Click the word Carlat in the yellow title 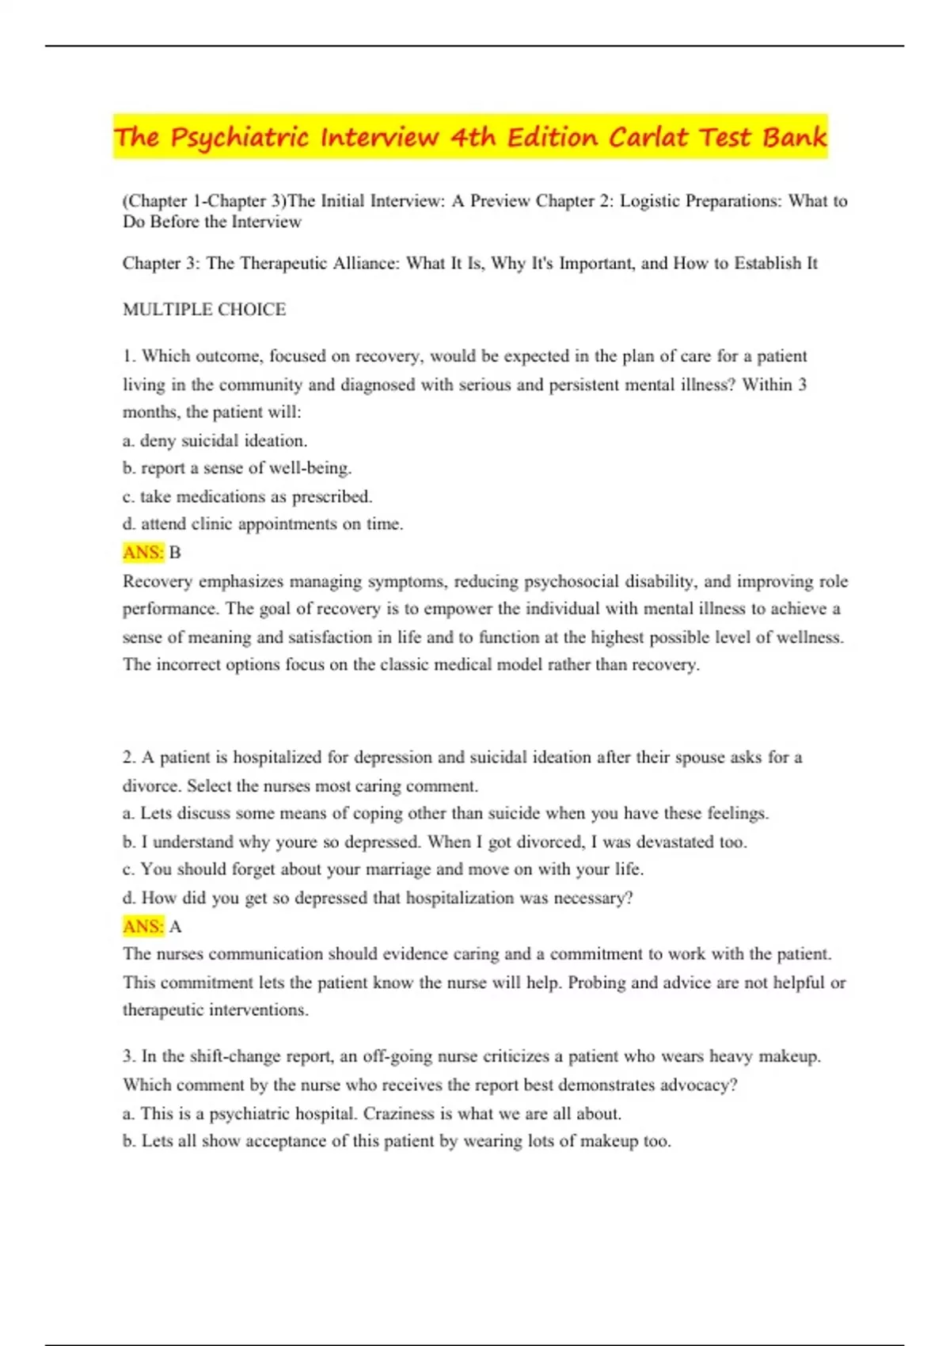(648, 137)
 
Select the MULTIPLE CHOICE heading (204, 310)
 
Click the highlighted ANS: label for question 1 (143, 553)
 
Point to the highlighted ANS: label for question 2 (143, 926)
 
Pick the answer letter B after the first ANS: (175, 553)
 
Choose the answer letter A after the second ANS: (175, 926)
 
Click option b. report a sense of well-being (237, 468)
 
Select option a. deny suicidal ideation (215, 440)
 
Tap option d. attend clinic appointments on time (263, 524)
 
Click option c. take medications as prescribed (248, 496)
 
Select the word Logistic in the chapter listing (650, 201)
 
